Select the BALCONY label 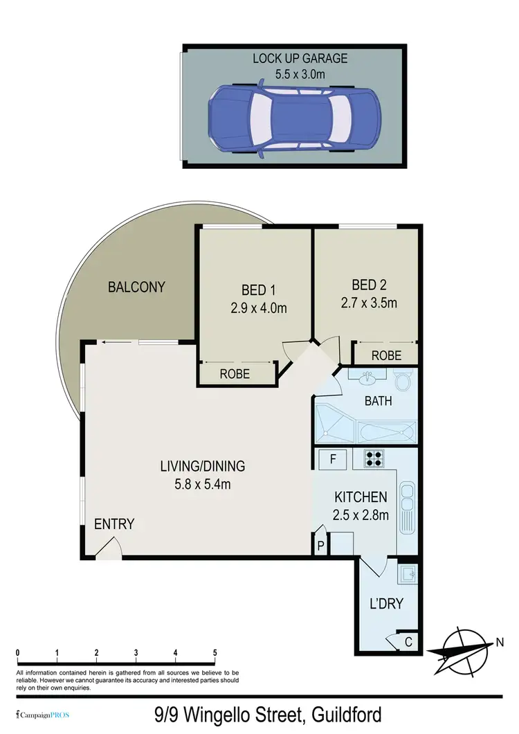coord(136,287)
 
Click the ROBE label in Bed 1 coord(235,374)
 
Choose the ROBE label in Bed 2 coord(386,356)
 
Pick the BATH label coord(379,400)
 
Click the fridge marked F coord(333,458)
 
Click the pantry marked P coord(320,545)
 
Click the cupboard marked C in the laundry coord(408,643)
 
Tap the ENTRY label coord(114,524)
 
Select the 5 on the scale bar coord(215,653)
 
